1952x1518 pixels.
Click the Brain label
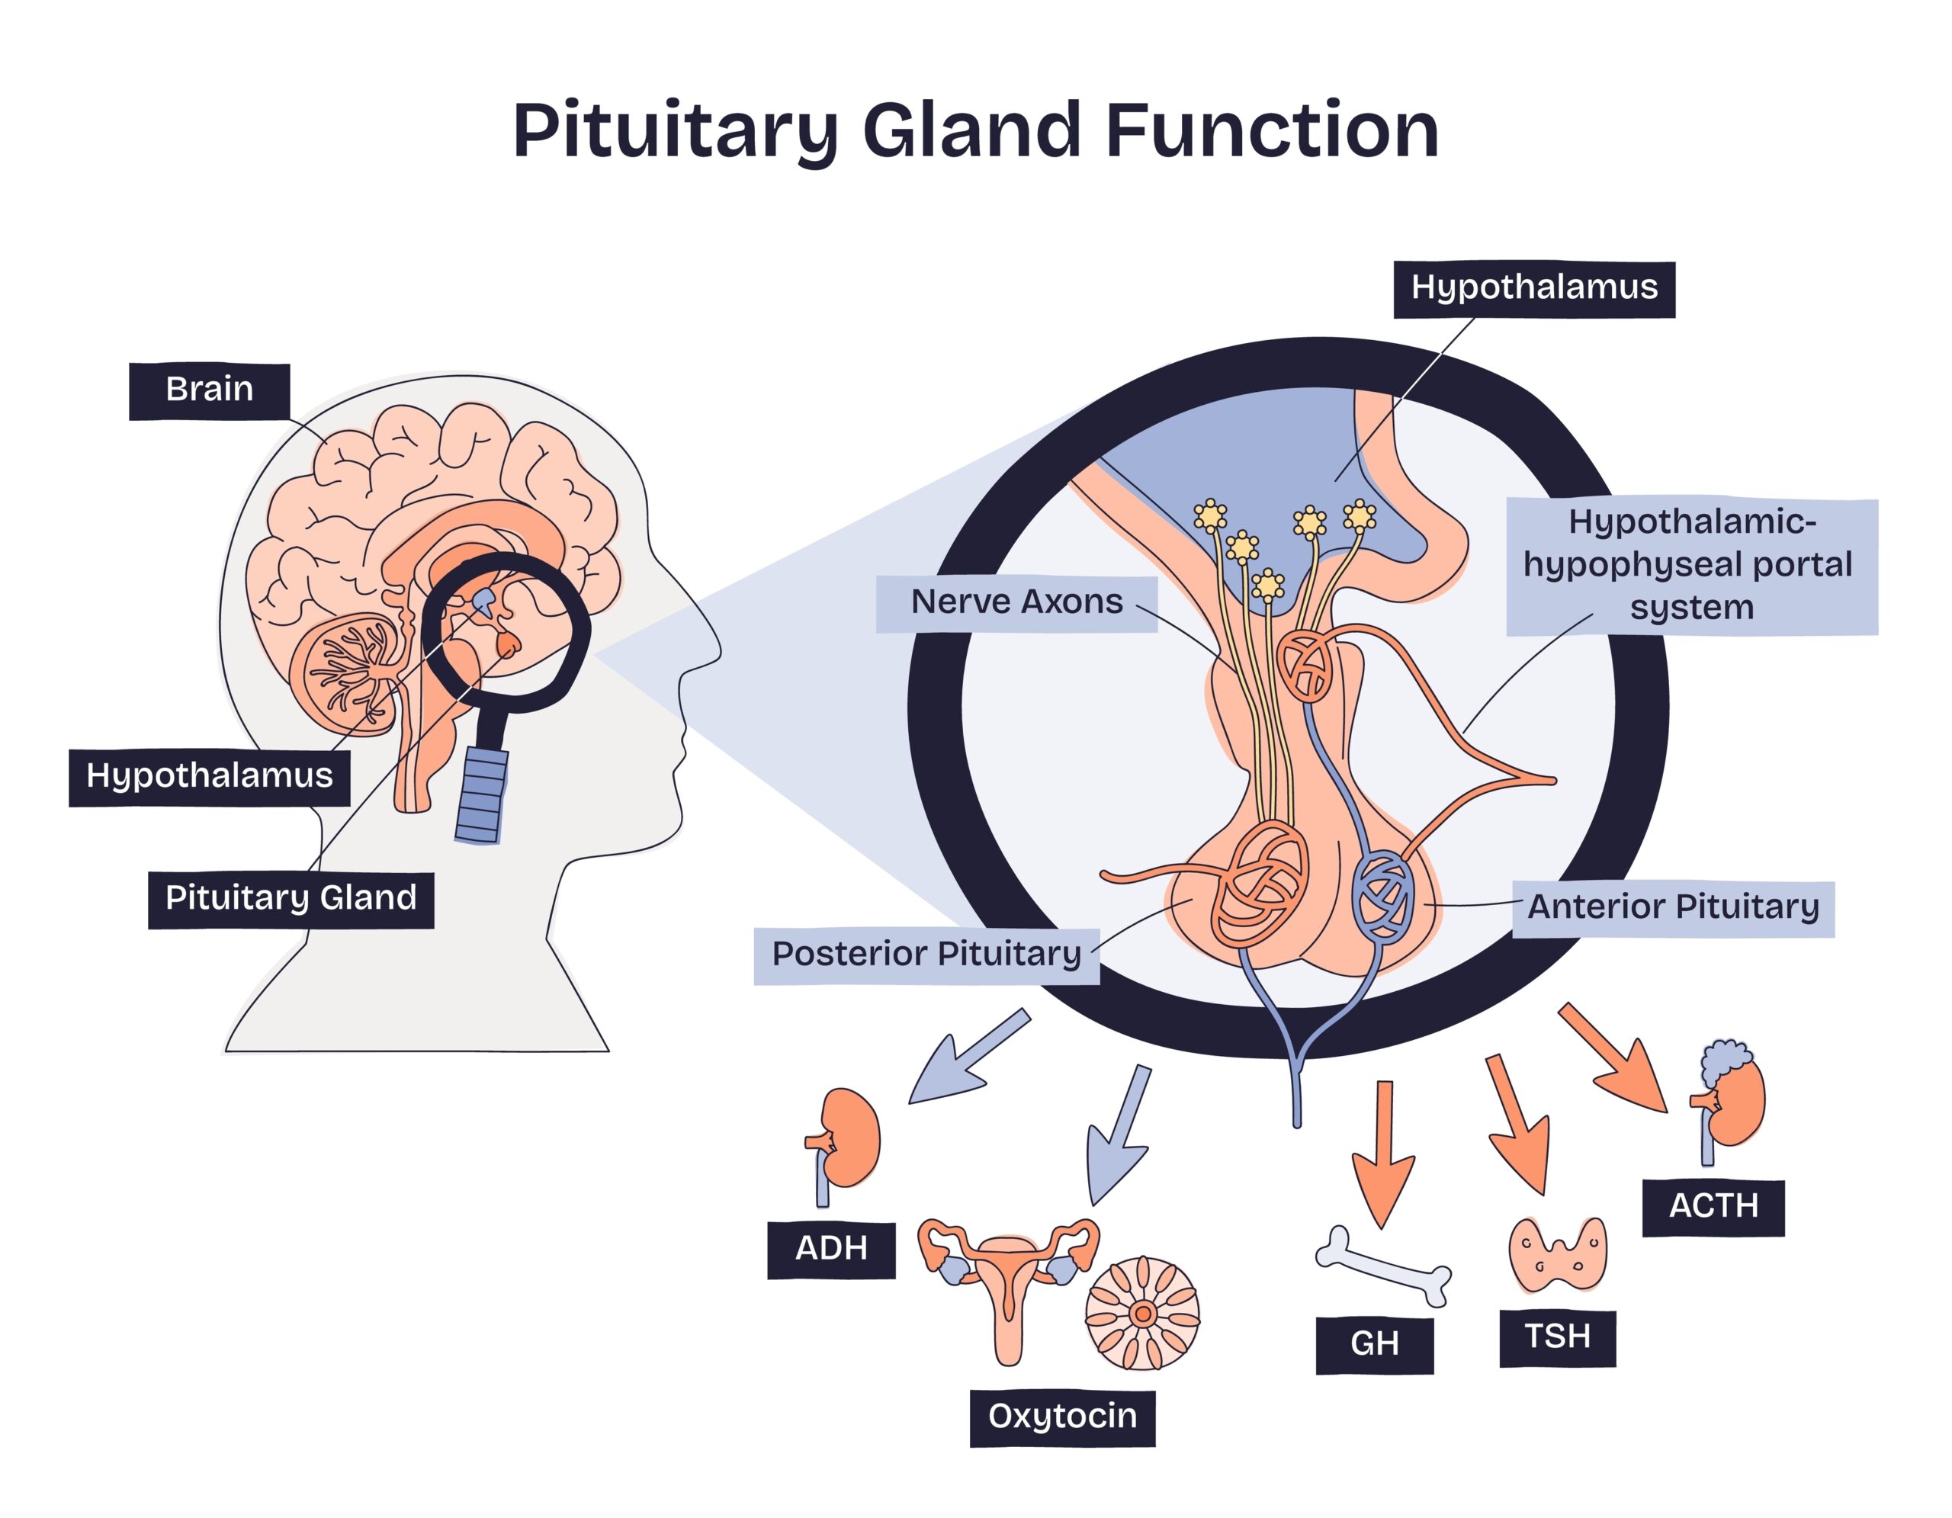coord(209,390)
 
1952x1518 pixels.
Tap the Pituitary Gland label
coord(291,899)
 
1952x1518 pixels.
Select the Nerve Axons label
coord(1016,603)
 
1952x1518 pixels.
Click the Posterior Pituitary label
coord(926,955)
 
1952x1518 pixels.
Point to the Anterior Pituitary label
coord(1673,909)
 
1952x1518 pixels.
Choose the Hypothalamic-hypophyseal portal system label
coord(1691,566)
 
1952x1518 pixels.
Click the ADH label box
coord(831,1250)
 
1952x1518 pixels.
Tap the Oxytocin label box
coord(1062,1418)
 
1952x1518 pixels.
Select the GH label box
coord(1374,1345)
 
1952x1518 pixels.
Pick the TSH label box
coord(1557,1337)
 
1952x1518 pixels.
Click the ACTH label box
coord(1713,1208)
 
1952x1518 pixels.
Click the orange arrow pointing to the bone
coord(1384,1154)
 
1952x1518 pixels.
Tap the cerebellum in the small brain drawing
coord(352,674)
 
